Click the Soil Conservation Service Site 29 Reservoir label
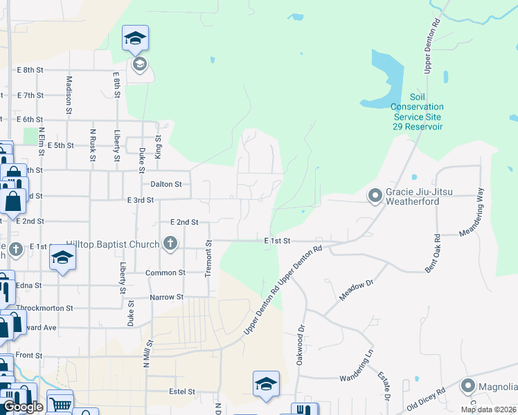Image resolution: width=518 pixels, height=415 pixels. (416, 112)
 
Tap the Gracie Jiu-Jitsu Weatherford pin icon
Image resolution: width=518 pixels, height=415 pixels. (375, 196)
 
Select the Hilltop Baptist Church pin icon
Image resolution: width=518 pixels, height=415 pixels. (170, 243)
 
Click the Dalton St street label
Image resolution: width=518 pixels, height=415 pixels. (166, 185)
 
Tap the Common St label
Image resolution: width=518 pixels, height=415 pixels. (166, 273)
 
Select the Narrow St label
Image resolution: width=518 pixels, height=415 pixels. (166, 297)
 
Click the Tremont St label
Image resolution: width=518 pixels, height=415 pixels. (207, 258)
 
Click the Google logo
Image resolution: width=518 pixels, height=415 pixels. (23, 407)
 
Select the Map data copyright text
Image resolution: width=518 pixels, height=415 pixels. (488, 409)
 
